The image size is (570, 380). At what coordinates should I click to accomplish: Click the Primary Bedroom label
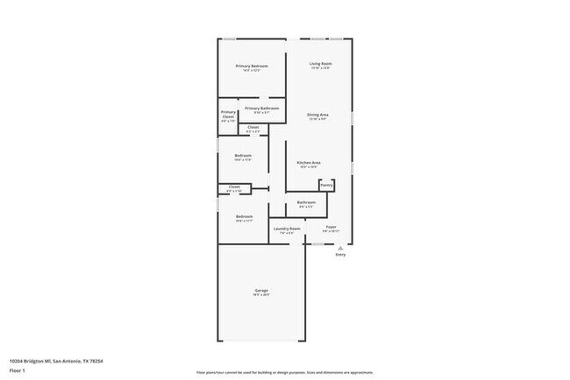252,67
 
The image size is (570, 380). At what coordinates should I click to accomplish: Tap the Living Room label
320,64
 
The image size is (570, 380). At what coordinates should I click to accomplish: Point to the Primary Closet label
228,115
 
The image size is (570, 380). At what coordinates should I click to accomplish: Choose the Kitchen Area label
308,163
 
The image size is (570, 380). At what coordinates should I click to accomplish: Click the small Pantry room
326,186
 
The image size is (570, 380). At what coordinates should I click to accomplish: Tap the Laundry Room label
287,229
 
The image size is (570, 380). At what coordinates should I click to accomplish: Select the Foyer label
331,228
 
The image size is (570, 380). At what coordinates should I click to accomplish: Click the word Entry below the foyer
340,255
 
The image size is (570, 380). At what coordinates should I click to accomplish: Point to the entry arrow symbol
340,247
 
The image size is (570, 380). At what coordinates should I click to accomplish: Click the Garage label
261,291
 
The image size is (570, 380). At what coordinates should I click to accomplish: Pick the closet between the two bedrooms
234,187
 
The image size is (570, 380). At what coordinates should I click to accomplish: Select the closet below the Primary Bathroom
253,129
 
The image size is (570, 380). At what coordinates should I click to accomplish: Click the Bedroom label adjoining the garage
244,217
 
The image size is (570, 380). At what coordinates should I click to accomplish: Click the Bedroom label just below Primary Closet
243,157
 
